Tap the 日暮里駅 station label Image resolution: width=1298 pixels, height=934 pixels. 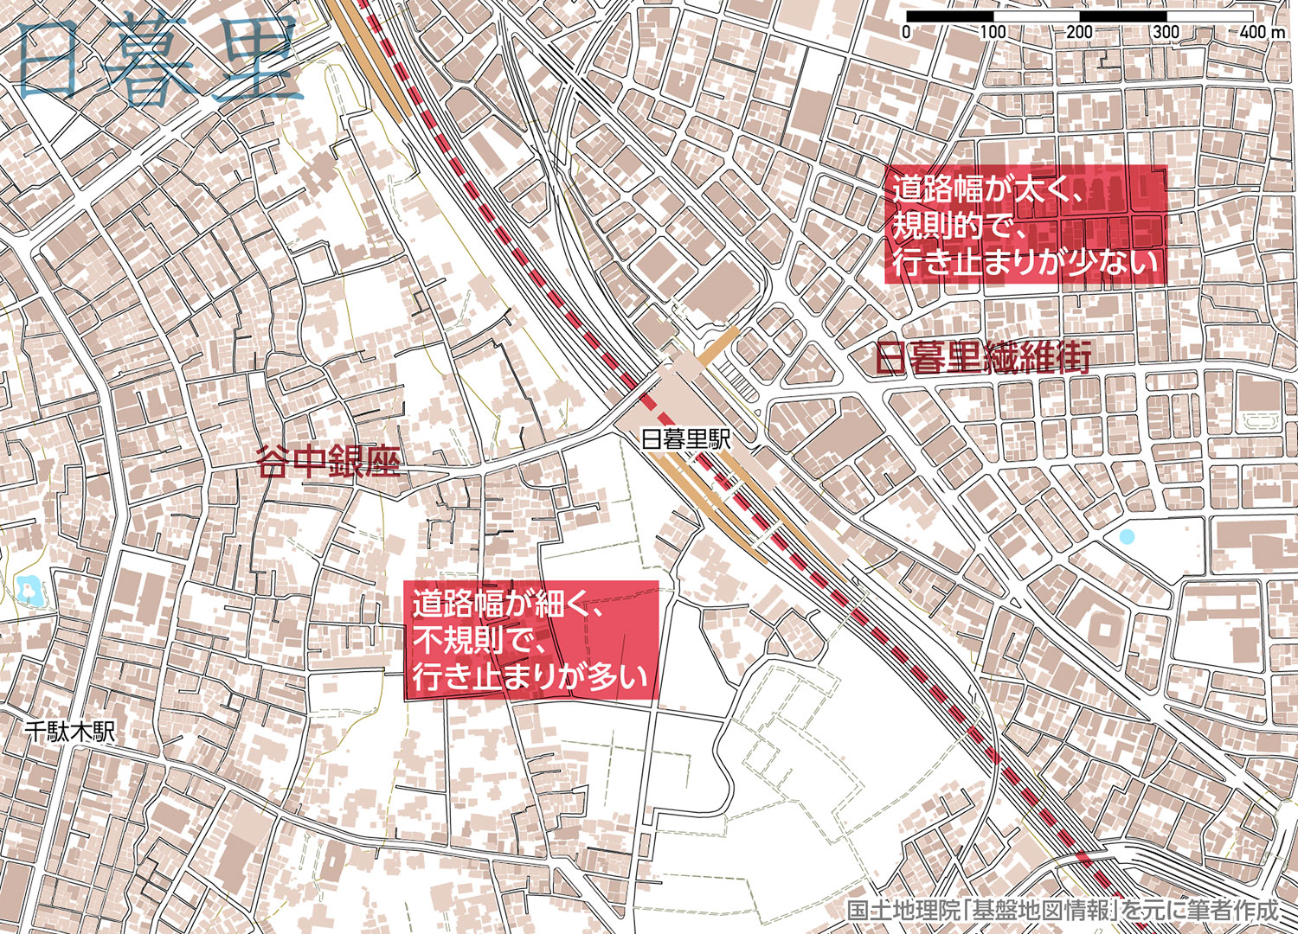[x=686, y=439]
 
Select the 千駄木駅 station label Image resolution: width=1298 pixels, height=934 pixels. [x=69, y=732]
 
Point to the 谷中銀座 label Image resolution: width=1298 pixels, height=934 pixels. [x=329, y=463]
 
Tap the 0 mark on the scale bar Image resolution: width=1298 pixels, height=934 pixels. [x=906, y=32]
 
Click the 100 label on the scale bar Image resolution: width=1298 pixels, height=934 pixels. [x=993, y=32]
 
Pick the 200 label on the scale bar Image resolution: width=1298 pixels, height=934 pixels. [x=1079, y=32]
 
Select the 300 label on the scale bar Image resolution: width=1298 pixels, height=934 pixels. [x=1166, y=32]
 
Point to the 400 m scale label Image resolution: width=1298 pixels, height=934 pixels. [x=1261, y=32]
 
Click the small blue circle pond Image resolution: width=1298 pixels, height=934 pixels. [x=1125, y=536]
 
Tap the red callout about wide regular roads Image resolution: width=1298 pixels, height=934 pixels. [x=1025, y=225]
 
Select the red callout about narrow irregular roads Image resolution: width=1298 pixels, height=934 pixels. [x=532, y=640]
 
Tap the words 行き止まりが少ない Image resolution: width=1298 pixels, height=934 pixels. [x=1025, y=261]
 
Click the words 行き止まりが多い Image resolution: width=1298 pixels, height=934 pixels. [x=530, y=677]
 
